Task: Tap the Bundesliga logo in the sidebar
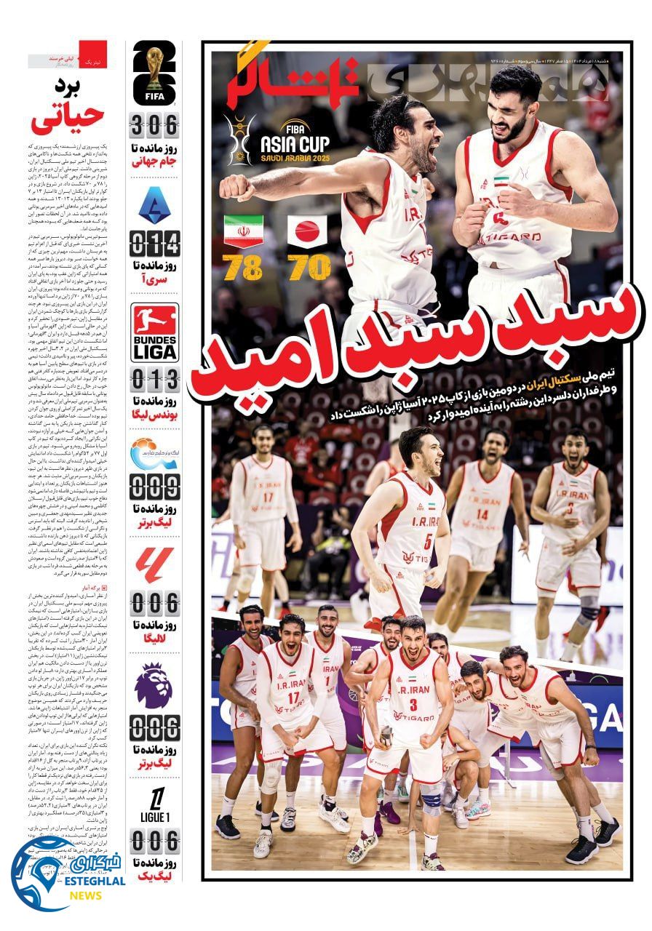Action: [x=154, y=332]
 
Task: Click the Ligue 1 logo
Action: [x=154, y=804]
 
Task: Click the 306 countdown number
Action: [x=154, y=126]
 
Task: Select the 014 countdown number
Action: [x=154, y=242]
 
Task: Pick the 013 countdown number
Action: [x=154, y=379]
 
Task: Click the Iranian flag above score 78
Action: [x=244, y=232]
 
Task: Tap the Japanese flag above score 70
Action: [x=309, y=232]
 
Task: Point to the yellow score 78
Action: [x=242, y=268]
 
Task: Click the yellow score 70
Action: [x=309, y=268]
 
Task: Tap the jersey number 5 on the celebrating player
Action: [x=428, y=541]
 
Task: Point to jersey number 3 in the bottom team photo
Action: [x=413, y=704]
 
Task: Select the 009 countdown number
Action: [x=154, y=486]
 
